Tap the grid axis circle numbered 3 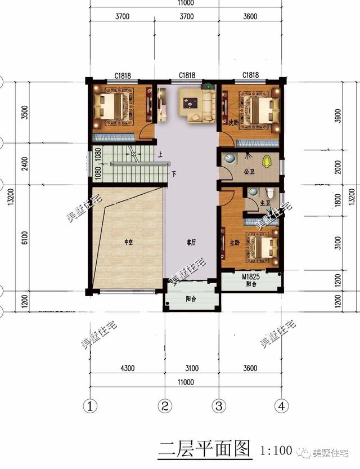219,405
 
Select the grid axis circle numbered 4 281,405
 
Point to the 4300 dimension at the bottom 127,369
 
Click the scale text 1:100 276,450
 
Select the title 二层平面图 204,449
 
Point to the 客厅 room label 191,243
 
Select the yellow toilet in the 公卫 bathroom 272,161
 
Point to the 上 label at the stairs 160,154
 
